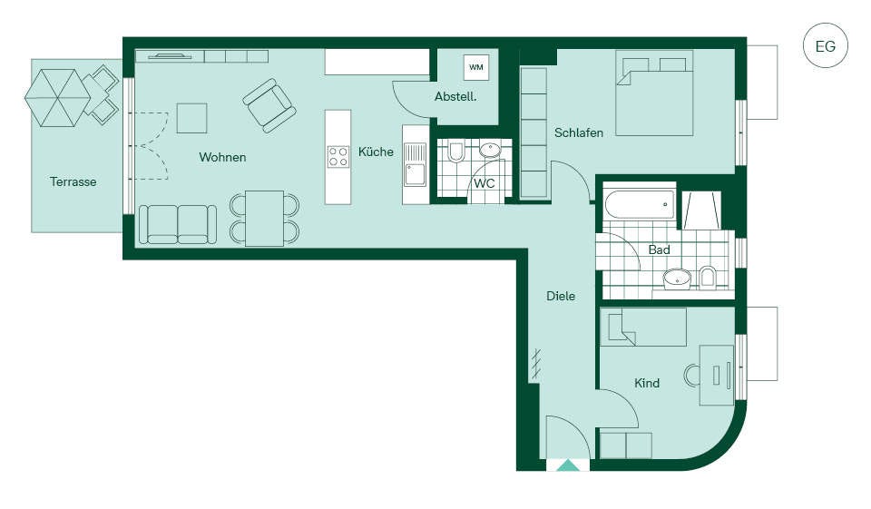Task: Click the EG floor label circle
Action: [x=826, y=45]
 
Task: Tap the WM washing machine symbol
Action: [x=476, y=67]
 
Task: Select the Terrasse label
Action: [x=73, y=181]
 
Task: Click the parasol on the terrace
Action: [x=58, y=98]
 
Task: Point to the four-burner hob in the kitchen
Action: [x=338, y=156]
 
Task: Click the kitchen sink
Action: [x=415, y=164]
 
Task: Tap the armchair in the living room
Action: [x=269, y=105]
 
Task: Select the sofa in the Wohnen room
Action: [x=177, y=224]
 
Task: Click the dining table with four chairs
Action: [x=264, y=219]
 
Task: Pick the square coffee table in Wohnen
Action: [x=191, y=118]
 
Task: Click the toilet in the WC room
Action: [x=456, y=152]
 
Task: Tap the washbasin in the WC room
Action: [x=490, y=150]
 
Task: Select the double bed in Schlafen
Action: [x=654, y=93]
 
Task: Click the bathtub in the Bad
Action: [x=639, y=205]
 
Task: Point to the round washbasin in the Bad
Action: [x=677, y=278]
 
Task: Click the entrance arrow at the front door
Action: [x=568, y=465]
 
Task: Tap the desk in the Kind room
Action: [x=717, y=375]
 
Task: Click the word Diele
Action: [x=561, y=296]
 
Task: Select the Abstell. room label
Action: [x=455, y=97]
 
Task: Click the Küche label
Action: [x=376, y=152]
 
